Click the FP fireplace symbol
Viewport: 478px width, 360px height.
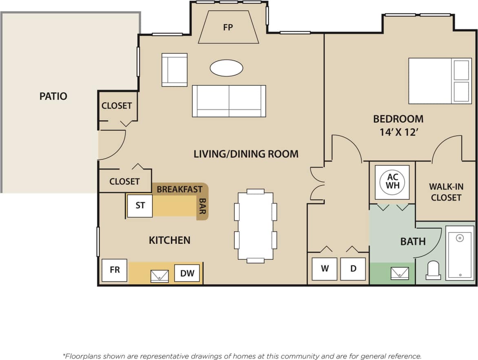(228, 27)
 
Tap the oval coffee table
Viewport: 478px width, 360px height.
(226, 68)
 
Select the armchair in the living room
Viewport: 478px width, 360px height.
(175, 70)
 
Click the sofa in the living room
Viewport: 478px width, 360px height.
(229, 101)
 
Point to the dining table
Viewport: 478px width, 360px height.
(255, 226)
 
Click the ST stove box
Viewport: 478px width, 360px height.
(140, 205)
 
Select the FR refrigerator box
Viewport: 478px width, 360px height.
(115, 270)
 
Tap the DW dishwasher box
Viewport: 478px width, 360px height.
(187, 273)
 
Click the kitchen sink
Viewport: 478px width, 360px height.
(159, 276)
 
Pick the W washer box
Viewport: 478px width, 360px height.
(325, 269)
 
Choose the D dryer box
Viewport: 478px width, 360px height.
(353, 269)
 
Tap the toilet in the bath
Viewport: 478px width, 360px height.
(433, 271)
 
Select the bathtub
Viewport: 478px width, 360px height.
(460, 253)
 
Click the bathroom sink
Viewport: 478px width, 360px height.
(400, 273)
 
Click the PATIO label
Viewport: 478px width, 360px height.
(53, 96)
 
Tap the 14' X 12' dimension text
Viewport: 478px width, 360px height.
(398, 133)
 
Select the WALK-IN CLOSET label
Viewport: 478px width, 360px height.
(446, 192)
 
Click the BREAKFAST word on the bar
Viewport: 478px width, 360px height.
(179, 189)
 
